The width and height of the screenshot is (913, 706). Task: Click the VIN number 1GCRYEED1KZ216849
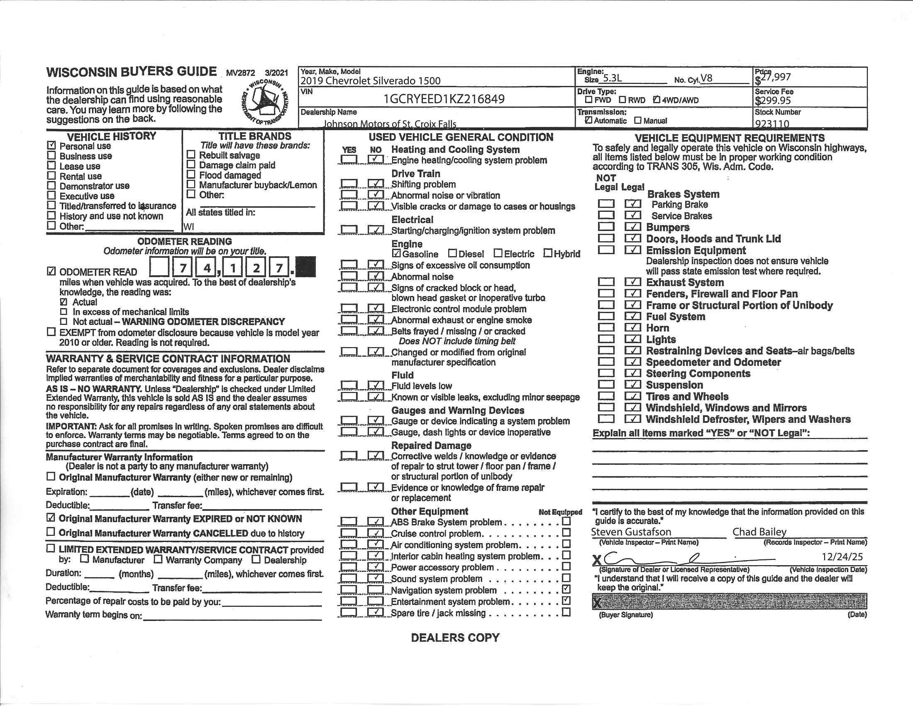[x=444, y=99]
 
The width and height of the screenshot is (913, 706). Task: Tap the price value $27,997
[x=773, y=77]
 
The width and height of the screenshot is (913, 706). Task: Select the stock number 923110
[x=772, y=124]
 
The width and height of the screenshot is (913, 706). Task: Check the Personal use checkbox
[x=51, y=145]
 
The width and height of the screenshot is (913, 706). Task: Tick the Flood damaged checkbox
[x=191, y=174]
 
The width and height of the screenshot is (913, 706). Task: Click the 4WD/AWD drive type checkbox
[x=657, y=100]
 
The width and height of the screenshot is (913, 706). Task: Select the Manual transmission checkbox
[x=637, y=120]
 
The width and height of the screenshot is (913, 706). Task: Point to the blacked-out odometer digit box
[x=305, y=267]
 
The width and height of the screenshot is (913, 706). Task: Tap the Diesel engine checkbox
[x=452, y=253]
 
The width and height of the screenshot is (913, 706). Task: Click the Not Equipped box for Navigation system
[x=566, y=589]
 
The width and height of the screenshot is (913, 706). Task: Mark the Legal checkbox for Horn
[x=632, y=328]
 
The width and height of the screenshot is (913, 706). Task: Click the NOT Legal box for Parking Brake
[x=606, y=204]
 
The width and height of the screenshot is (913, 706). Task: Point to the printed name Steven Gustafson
[x=631, y=532]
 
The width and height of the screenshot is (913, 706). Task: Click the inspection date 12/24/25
[x=842, y=556]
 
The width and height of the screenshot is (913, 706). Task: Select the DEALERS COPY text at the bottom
[x=455, y=637]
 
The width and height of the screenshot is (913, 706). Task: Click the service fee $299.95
[x=773, y=101]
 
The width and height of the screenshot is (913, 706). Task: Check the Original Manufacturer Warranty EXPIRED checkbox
[x=51, y=518]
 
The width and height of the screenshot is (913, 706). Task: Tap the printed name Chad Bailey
[x=759, y=532]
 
